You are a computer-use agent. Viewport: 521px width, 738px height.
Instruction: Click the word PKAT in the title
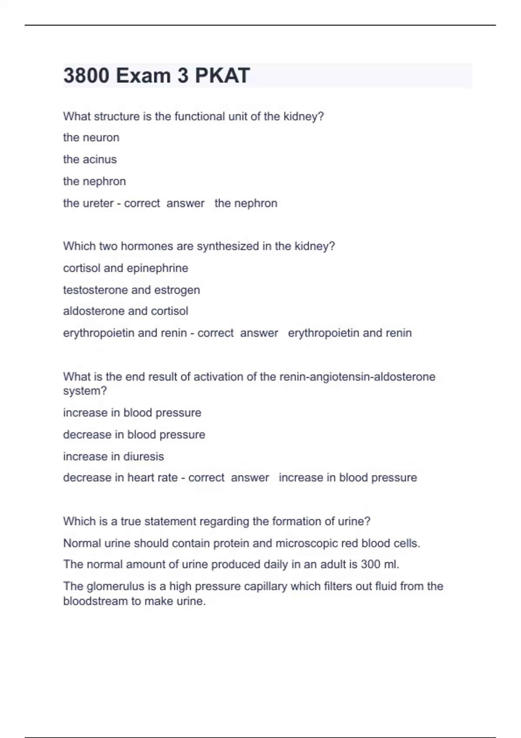(x=222, y=76)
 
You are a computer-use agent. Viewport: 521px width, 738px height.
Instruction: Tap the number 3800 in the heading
(x=86, y=76)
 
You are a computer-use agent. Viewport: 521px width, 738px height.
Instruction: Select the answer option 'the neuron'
(x=91, y=138)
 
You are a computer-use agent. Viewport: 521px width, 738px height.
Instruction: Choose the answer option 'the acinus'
(x=90, y=159)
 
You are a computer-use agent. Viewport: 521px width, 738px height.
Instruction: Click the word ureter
(x=99, y=203)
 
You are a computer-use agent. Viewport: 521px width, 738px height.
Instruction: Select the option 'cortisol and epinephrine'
(x=125, y=268)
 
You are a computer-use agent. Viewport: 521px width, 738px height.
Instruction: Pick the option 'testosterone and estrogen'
(x=132, y=290)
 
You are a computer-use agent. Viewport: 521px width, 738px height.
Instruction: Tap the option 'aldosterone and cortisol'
(x=125, y=311)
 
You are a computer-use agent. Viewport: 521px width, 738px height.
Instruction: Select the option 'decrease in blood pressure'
(x=134, y=435)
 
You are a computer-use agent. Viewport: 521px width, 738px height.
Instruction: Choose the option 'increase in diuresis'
(x=113, y=456)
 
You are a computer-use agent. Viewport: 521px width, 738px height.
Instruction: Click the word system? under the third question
(x=85, y=391)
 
